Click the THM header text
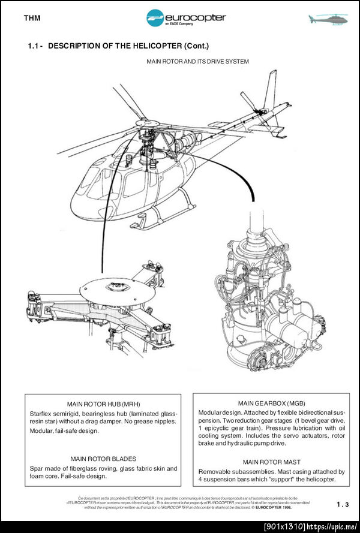[32, 18]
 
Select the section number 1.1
[35, 46]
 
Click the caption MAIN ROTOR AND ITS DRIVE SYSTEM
[197, 61]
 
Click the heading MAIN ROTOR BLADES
[103, 459]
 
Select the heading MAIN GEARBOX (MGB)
[271, 403]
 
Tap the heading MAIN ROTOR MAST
[271, 462]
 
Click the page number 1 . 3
[343, 505]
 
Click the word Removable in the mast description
[214, 472]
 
